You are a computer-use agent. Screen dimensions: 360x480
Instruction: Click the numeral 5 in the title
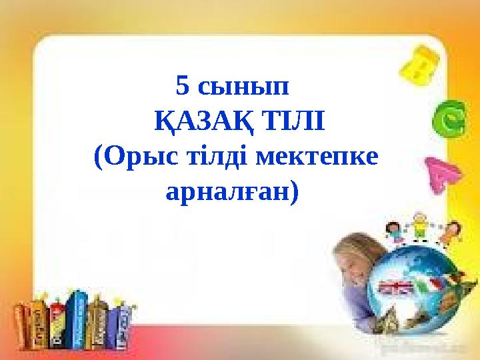[183, 86]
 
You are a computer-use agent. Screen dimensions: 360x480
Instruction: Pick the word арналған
[233, 193]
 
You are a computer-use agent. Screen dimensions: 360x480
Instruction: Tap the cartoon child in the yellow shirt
[419, 227]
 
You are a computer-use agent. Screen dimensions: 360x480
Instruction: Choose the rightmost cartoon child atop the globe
[451, 231]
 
